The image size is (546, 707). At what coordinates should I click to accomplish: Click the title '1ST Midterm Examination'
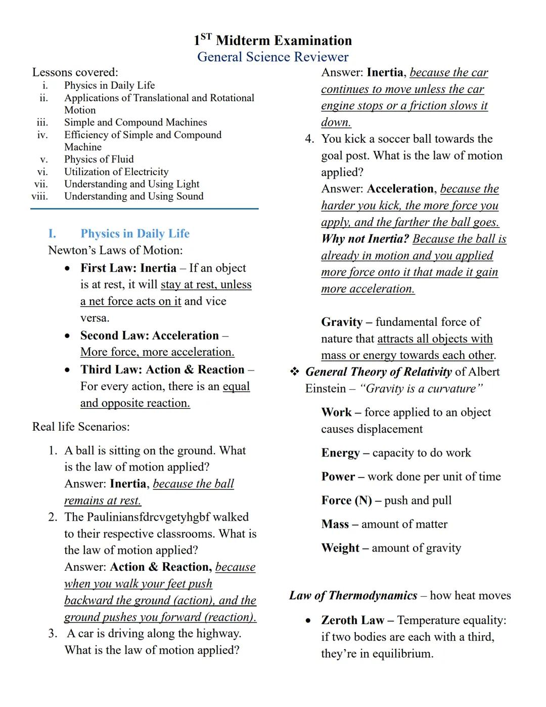click(x=272, y=40)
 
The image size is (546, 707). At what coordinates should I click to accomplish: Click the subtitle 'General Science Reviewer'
click(x=272, y=57)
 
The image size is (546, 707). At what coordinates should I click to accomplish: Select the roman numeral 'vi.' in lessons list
click(x=42, y=172)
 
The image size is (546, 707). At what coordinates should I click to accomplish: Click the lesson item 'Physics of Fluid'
click(x=99, y=159)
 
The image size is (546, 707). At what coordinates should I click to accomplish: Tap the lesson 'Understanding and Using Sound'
click(x=133, y=196)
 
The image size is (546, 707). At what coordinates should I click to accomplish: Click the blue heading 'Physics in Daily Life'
click(x=134, y=234)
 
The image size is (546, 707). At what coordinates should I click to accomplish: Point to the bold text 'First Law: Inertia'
click(x=128, y=268)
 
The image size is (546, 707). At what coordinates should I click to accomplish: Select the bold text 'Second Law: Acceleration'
click(x=149, y=336)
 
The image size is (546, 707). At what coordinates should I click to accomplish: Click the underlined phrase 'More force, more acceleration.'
click(x=157, y=352)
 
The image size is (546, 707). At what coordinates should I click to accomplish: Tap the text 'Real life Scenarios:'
click(x=81, y=427)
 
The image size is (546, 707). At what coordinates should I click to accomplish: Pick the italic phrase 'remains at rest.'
click(x=103, y=501)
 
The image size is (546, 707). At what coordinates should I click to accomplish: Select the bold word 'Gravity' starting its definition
click(x=342, y=322)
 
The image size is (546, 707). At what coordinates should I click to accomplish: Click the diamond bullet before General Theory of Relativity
click(x=294, y=372)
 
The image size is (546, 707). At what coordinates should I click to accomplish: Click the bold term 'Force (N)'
click(x=346, y=501)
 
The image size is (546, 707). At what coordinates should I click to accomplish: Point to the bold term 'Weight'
click(x=340, y=548)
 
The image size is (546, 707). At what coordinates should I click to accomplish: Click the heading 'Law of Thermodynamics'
click(x=353, y=596)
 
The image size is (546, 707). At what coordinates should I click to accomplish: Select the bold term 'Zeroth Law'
click(x=352, y=620)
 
